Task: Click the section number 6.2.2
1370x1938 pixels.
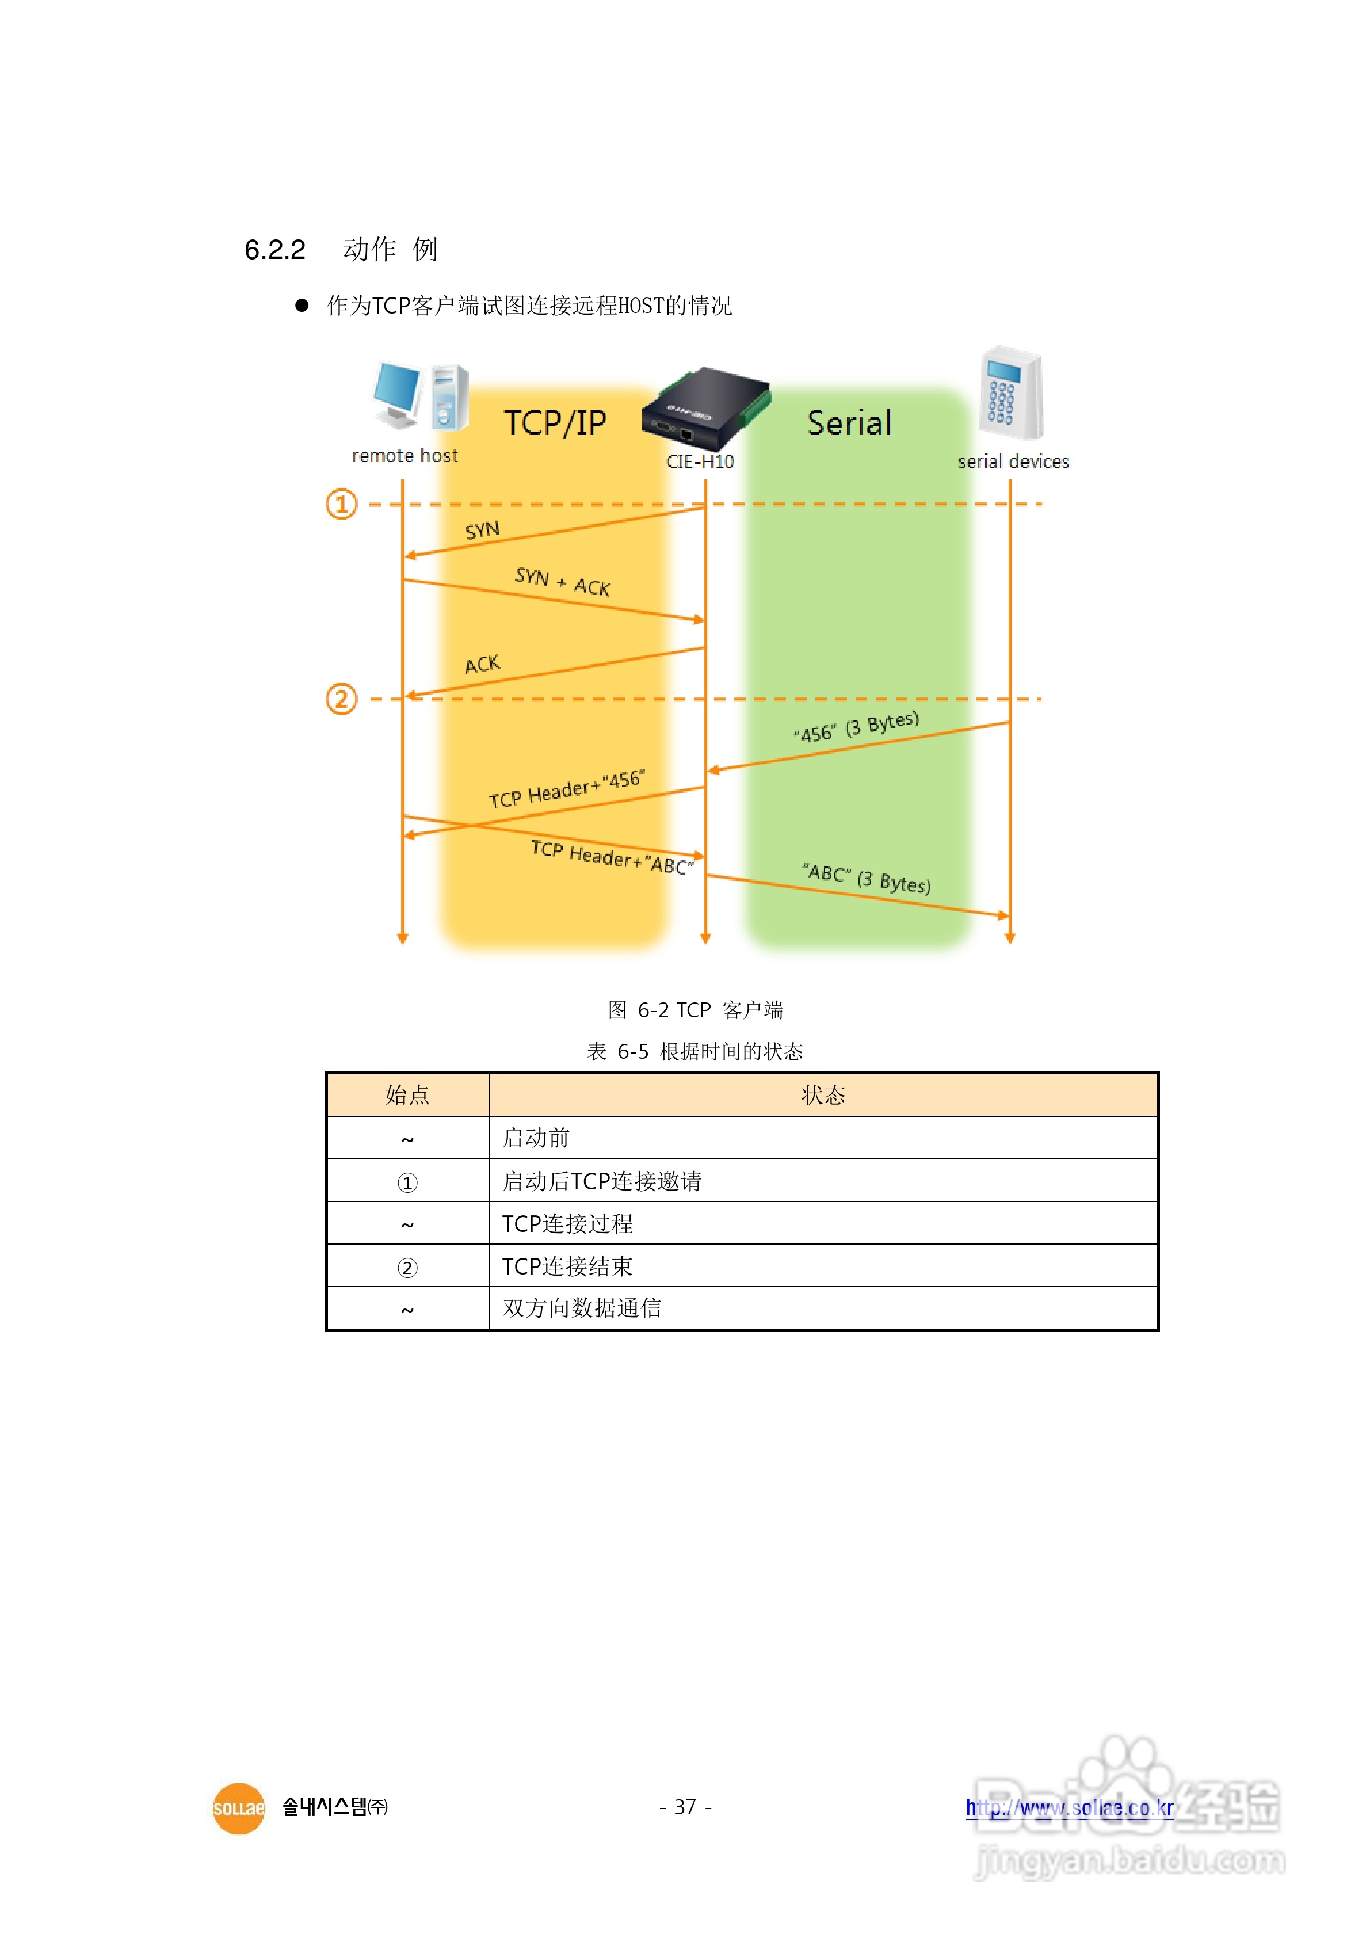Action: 274,250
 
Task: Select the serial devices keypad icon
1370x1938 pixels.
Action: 1012,394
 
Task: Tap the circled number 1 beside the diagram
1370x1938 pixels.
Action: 342,504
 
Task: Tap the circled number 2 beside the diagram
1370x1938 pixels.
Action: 342,699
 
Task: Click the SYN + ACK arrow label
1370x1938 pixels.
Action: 562,582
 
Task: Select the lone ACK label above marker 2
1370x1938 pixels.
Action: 482,664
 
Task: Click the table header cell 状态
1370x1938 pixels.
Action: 823,1095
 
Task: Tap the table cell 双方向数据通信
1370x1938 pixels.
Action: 582,1308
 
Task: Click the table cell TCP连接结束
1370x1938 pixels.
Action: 567,1266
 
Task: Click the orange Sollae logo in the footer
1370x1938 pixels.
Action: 239,1808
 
